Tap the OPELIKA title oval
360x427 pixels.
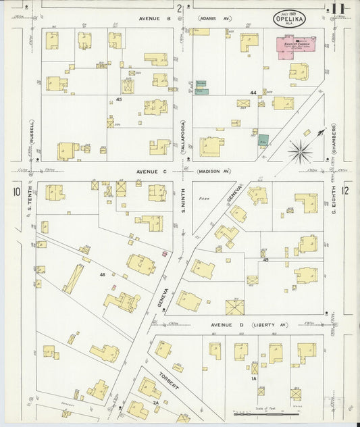point(289,18)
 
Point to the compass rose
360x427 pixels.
point(301,151)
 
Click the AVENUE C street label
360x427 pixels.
point(151,172)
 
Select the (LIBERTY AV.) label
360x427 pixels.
point(273,325)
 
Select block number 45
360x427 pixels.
point(118,99)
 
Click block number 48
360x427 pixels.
point(102,274)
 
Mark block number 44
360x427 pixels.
point(253,93)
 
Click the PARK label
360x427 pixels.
point(201,199)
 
